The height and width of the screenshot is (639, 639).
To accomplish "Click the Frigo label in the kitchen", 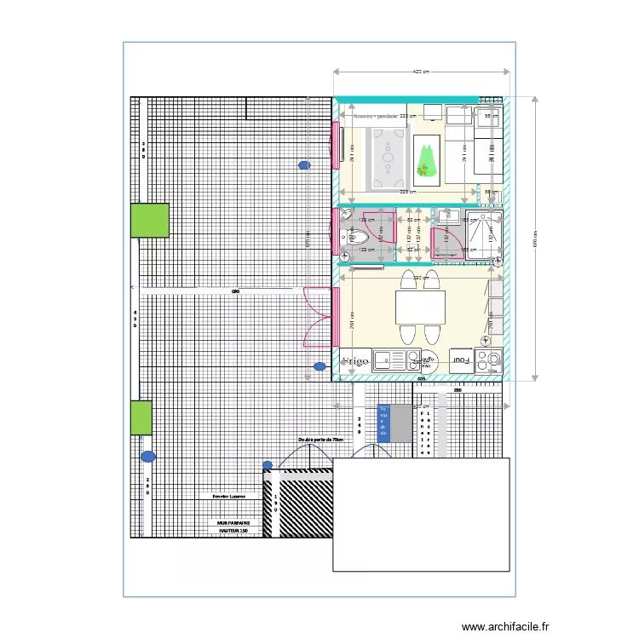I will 356,361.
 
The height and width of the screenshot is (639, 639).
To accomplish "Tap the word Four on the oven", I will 461,360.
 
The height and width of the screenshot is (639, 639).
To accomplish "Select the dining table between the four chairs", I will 420,307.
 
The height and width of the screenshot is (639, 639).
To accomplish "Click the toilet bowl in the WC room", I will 347,235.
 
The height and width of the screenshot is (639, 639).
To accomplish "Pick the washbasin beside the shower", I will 449,219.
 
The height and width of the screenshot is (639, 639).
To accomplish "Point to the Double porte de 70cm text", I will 321,440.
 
